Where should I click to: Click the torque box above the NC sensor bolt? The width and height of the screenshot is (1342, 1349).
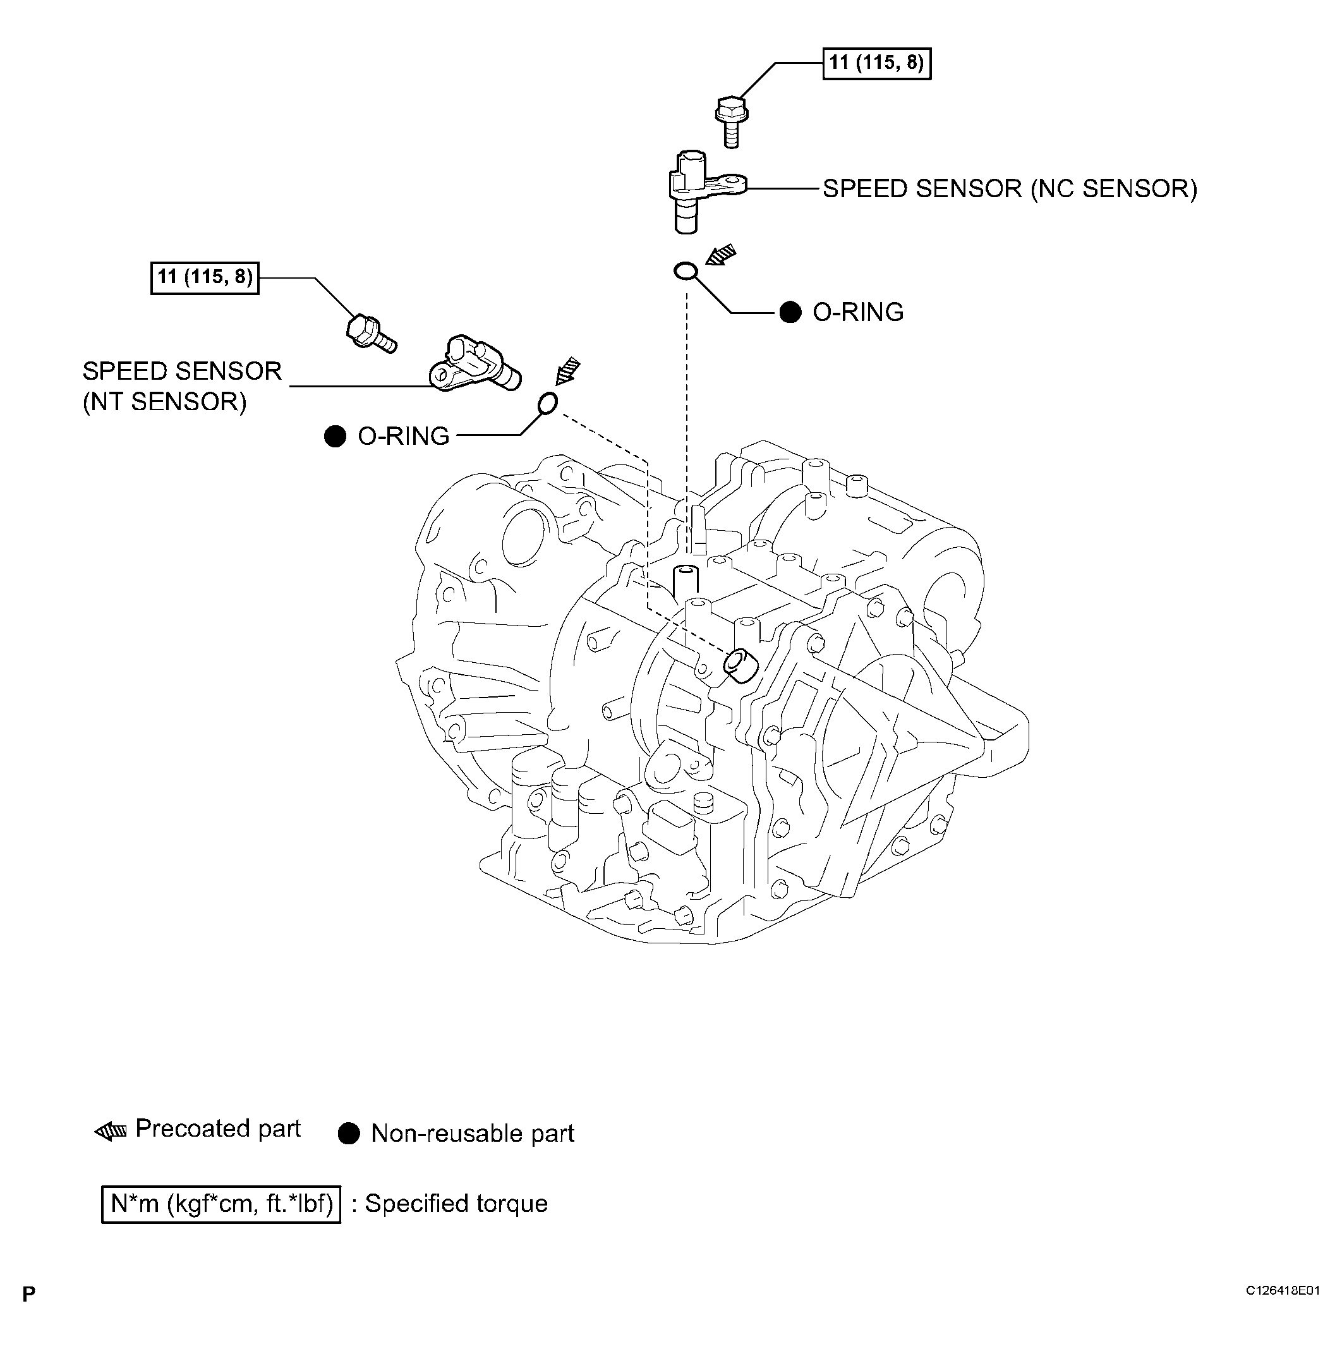[x=876, y=64]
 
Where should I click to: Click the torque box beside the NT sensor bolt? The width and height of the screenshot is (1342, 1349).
[x=205, y=277]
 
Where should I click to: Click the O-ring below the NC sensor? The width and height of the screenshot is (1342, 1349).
[x=686, y=271]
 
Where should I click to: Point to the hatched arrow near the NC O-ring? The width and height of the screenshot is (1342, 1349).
[x=720, y=254]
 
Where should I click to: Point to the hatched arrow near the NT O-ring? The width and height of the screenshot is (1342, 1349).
[x=567, y=371]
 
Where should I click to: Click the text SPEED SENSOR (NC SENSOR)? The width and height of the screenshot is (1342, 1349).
[x=1010, y=188]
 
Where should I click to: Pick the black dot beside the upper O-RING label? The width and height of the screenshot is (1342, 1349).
[x=790, y=312]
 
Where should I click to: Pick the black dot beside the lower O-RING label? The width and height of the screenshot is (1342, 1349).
[x=335, y=437]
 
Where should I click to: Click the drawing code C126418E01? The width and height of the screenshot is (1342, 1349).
[x=1283, y=1291]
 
